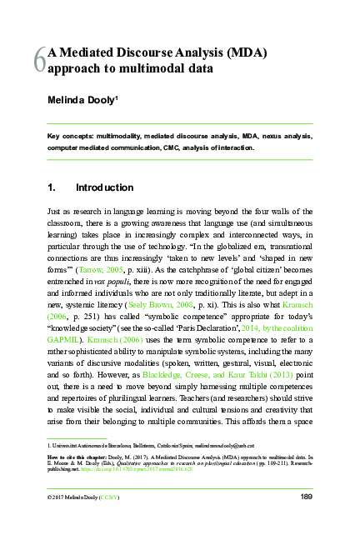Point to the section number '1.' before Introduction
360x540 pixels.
(x=52, y=187)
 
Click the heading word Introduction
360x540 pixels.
(x=104, y=187)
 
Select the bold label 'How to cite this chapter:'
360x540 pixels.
(x=75, y=457)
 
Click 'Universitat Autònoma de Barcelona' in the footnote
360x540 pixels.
(x=87, y=446)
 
